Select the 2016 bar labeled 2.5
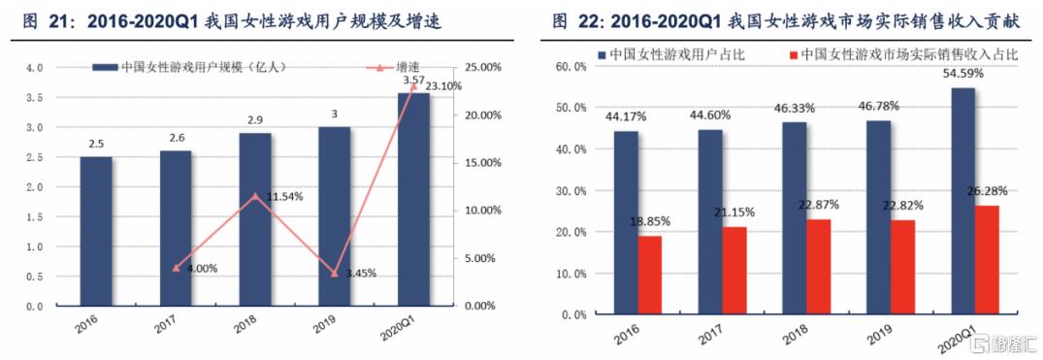pos(96,231)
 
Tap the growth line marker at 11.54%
pos(255,196)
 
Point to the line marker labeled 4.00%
pos(176,268)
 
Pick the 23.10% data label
pos(441,86)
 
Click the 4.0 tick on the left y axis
pos(35,68)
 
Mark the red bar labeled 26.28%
pos(987,260)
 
